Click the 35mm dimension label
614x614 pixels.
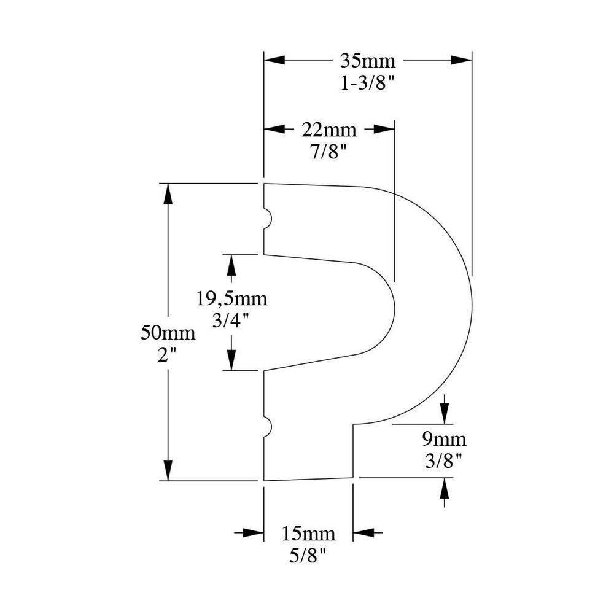pyautogui.click(x=368, y=61)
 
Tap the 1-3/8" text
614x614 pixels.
pyautogui.click(x=368, y=82)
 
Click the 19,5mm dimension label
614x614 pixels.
pyautogui.click(x=231, y=300)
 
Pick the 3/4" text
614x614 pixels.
pyautogui.click(x=231, y=321)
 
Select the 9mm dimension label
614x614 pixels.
pyautogui.click(x=444, y=440)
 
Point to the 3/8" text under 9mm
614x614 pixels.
pyautogui.click(x=444, y=460)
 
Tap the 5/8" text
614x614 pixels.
pyautogui.click(x=308, y=555)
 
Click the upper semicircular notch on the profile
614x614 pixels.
pyautogui.click(x=268, y=219)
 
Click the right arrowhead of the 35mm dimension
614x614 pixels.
pyautogui.click(x=462, y=60)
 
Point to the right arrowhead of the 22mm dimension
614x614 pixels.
pyautogui.click(x=384, y=130)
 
